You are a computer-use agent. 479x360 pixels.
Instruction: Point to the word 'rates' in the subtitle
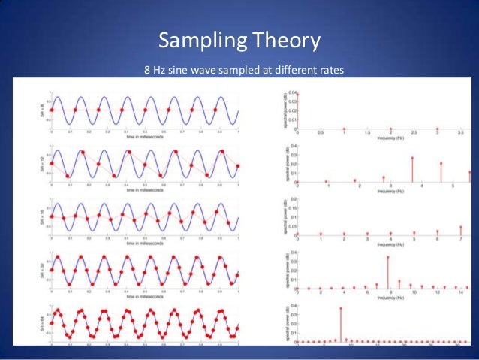pyautogui.click(x=328, y=72)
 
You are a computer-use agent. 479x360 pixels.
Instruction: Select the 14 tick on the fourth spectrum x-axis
pyautogui.click(x=459, y=293)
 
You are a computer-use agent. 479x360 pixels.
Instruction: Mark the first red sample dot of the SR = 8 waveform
pyautogui.click(x=51, y=110)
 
